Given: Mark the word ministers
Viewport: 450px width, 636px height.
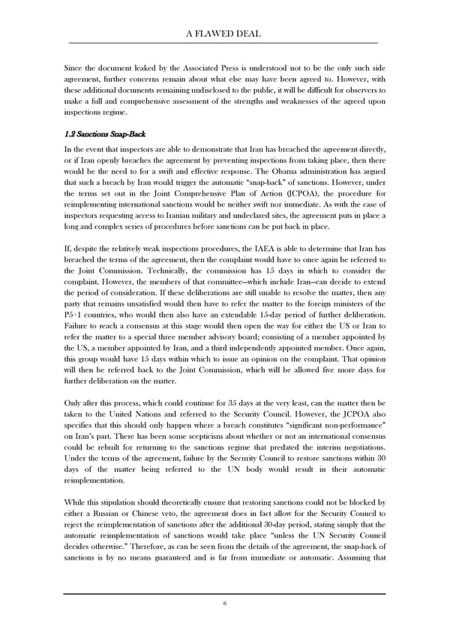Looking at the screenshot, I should [356, 324].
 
